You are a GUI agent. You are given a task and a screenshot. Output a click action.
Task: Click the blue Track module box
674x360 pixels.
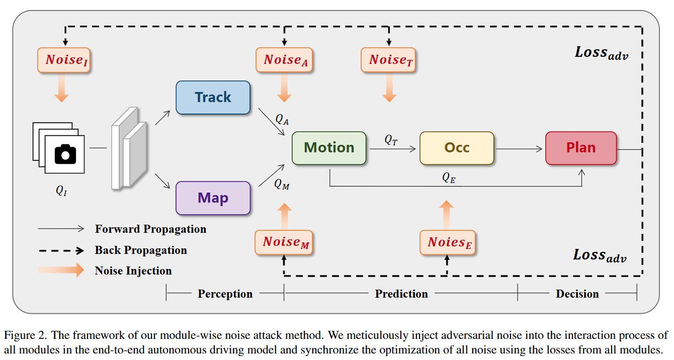[213, 98]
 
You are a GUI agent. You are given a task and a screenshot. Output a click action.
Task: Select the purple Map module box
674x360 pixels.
[213, 198]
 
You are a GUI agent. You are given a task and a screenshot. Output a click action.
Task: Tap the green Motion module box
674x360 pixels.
[329, 148]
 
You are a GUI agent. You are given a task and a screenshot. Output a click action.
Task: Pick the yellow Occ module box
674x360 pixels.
[457, 148]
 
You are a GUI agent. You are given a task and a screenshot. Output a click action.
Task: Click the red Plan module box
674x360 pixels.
[580, 148]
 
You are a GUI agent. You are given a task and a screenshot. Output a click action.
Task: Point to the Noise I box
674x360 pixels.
[64, 60]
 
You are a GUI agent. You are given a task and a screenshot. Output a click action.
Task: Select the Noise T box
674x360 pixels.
[388, 60]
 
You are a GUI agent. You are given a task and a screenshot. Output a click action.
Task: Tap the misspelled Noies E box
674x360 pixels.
[447, 242]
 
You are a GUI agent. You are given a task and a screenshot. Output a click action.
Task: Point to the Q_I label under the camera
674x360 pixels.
[61, 191]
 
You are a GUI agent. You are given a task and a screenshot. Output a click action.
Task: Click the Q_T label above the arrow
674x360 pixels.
[391, 140]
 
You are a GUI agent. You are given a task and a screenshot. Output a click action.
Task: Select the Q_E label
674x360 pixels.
[449, 177]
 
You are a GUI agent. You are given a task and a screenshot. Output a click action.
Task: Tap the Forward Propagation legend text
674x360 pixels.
[150, 229]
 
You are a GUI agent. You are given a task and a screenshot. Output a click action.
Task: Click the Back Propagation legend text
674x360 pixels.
[141, 250]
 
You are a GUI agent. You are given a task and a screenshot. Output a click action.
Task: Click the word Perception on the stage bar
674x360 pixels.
[225, 294]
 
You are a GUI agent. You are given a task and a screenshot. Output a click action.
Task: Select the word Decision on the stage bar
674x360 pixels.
[577, 294]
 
